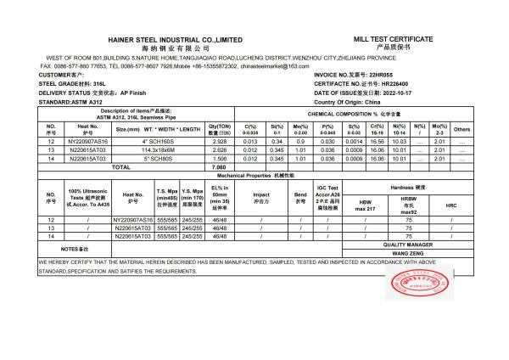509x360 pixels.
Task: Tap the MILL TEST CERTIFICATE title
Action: click(392, 39)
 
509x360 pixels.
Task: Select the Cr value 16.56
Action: click(378, 143)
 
